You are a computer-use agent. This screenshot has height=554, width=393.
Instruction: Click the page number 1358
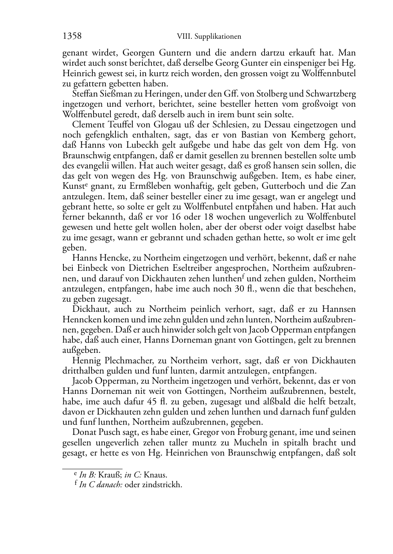click(72, 36)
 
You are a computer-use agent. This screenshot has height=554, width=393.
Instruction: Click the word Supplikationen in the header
click(218, 37)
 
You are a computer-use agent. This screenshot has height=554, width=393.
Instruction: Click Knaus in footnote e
click(156, 475)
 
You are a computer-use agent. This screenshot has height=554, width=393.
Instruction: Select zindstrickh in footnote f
click(163, 485)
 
